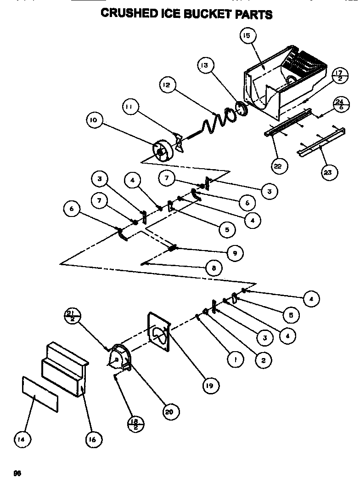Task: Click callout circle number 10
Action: (95, 121)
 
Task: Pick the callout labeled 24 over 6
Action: (339, 105)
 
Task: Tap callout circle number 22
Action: (277, 166)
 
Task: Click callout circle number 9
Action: (235, 252)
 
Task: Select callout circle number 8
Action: (214, 268)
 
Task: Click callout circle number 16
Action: (93, 439)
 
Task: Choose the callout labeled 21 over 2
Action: (73, 317)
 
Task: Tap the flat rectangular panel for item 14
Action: (40, 393)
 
